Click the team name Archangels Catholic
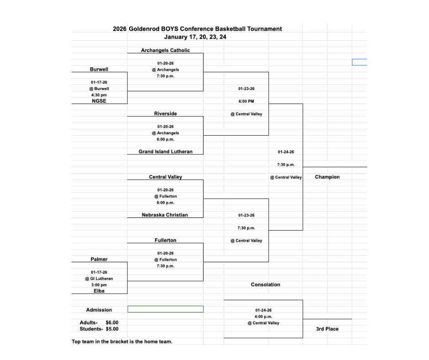coord(165,50)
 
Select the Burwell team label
coord(99,69)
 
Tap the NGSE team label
coord(99,101)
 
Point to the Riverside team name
coord(165,113)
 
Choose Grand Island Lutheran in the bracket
coord(165,152)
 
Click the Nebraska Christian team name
coord(165,215)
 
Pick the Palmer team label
coord(99,259)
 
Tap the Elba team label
coord(99,291)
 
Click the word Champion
coord(327,177)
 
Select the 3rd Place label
coord(327,329)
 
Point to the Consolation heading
coord(266,285)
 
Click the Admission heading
coord(99,310)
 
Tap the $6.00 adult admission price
coord(112,323)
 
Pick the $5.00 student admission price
coord(112,329)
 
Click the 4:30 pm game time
coord(99,95)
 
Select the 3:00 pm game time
coord(99,285)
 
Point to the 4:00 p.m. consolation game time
coord(263,317)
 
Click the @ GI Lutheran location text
coord(99,278)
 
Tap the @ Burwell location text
coord(99,89)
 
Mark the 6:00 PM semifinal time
coord(246,101)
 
